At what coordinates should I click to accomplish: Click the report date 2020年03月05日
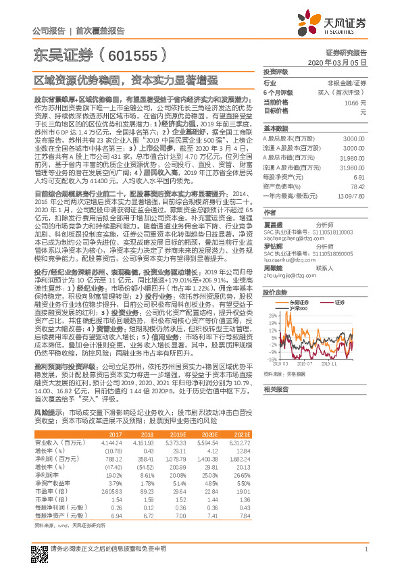coord(342,61)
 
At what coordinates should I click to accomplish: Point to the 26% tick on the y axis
coord(270,296)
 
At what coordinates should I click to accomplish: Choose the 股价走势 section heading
coord(276,274)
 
